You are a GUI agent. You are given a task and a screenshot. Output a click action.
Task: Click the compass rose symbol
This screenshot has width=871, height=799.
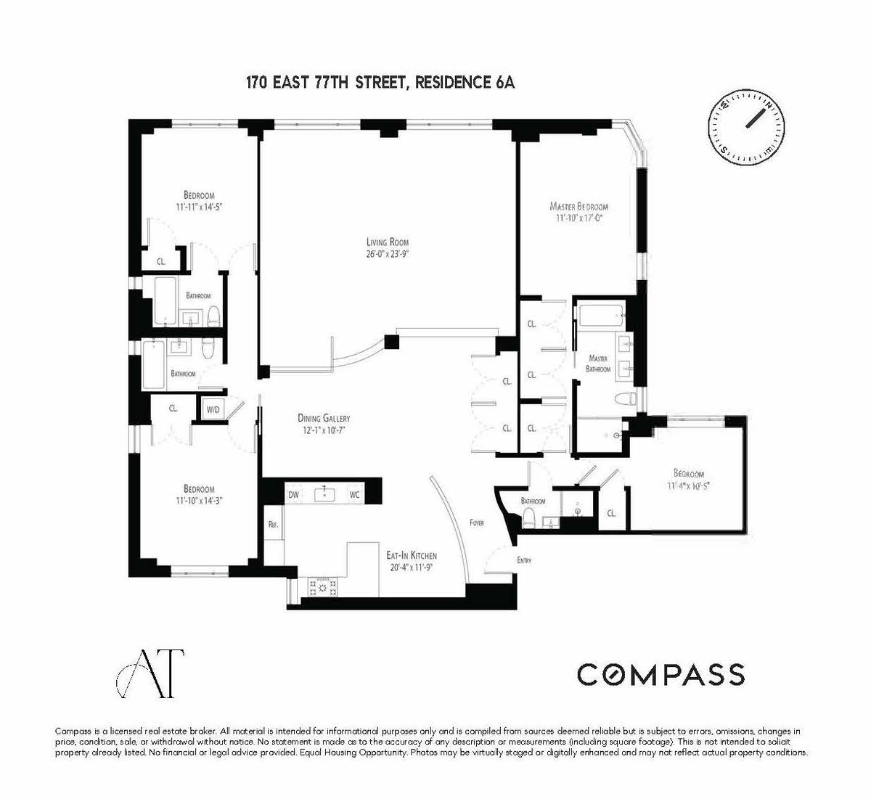746,126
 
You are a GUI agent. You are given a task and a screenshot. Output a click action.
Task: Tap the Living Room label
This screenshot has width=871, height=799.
387,242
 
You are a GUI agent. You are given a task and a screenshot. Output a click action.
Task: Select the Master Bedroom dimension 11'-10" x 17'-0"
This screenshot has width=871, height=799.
578,218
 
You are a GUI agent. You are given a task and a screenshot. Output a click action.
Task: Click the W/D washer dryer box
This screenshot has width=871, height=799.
213,409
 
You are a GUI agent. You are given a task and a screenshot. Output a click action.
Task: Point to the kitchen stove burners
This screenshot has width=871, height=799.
322,588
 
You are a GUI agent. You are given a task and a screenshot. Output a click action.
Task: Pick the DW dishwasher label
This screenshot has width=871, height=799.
293,495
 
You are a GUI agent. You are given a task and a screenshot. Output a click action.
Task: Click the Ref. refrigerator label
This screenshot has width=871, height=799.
273,524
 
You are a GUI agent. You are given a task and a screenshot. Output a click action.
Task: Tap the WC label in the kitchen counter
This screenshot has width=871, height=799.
354,495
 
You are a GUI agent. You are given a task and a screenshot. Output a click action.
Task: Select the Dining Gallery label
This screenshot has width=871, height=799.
324,418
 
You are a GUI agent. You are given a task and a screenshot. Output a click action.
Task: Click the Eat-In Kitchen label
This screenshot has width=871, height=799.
412,555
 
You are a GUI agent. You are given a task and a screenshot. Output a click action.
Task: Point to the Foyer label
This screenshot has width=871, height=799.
477,523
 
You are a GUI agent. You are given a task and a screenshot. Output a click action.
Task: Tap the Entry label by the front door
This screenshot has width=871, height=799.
524,560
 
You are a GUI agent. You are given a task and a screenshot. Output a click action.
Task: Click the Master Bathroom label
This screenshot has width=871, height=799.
598,364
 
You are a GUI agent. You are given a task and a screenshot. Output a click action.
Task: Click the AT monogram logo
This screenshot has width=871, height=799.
150,673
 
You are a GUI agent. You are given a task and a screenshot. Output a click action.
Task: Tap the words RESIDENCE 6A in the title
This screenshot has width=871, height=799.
465,83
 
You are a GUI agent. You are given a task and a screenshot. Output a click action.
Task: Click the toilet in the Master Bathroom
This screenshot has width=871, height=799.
626,398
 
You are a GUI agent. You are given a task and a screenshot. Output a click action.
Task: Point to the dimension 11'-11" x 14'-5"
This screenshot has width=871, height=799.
200,207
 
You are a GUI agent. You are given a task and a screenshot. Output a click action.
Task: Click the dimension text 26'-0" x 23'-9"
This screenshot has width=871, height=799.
388,253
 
